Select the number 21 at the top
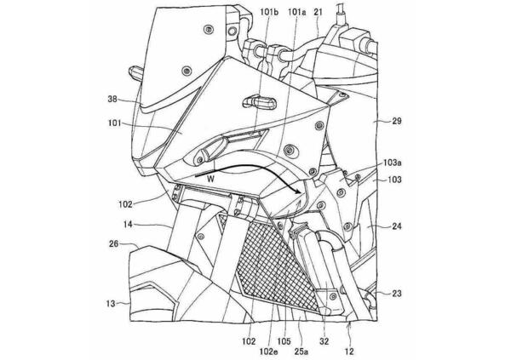(319, 12)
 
